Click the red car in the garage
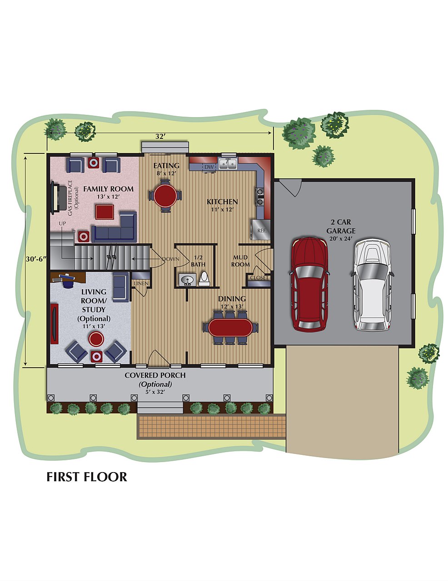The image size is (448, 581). pos(309,284)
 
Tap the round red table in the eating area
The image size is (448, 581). pos(165,195)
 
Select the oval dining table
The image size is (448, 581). pos(230,328)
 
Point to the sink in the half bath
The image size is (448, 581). pos(187,280)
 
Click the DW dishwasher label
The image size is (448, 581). pos(209,167)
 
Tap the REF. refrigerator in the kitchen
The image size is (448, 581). pos(260,230)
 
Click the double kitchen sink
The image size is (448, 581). pos(228,163)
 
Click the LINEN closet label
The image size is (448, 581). pos(141,283)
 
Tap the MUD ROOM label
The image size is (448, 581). pos(241,261)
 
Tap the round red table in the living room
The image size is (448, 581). pos(96,339)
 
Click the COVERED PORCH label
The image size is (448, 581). pos(155,375)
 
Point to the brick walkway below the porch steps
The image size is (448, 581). pos(211,427)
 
